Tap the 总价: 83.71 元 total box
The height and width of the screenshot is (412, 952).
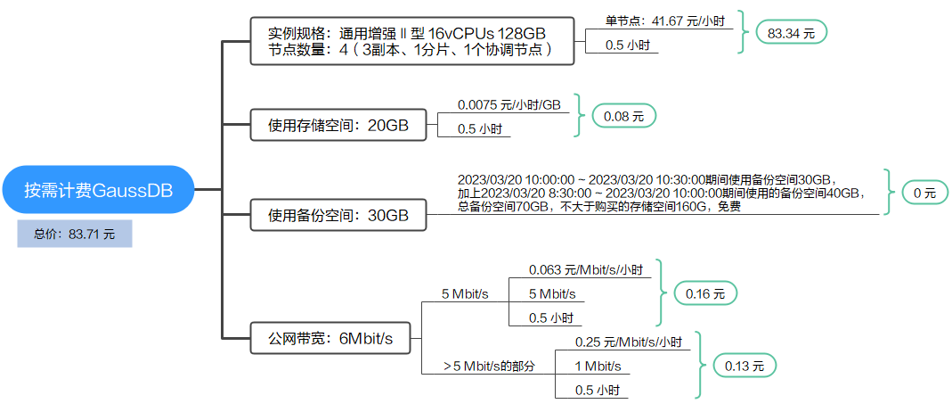click(x=75, y=234)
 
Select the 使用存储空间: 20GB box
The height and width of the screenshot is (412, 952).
click(x=338, y=126)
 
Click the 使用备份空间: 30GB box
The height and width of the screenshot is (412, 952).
click(x=338, y=215)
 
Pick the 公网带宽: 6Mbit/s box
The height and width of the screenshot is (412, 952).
click(x=330, y=338)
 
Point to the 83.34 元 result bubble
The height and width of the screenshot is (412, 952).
click(x=791, y=33)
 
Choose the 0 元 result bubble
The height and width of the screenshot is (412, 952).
click(x=924, y=192)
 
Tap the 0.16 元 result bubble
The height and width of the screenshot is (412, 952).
click(x=705, y=293)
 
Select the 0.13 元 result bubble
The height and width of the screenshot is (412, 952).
click(x=738, y=366)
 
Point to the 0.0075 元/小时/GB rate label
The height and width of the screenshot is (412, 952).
click(x=509, y=105)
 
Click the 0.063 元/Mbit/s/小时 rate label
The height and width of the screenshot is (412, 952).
click(x=585, y=269)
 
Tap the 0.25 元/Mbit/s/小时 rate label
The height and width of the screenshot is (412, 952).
click(x=629, y=342)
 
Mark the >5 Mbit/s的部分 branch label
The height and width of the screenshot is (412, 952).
click(x=490, y=366)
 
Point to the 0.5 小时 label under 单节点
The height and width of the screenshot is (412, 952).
click(x=627, y=45)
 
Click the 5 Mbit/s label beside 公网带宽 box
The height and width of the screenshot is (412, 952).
click(x=465, y=293)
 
